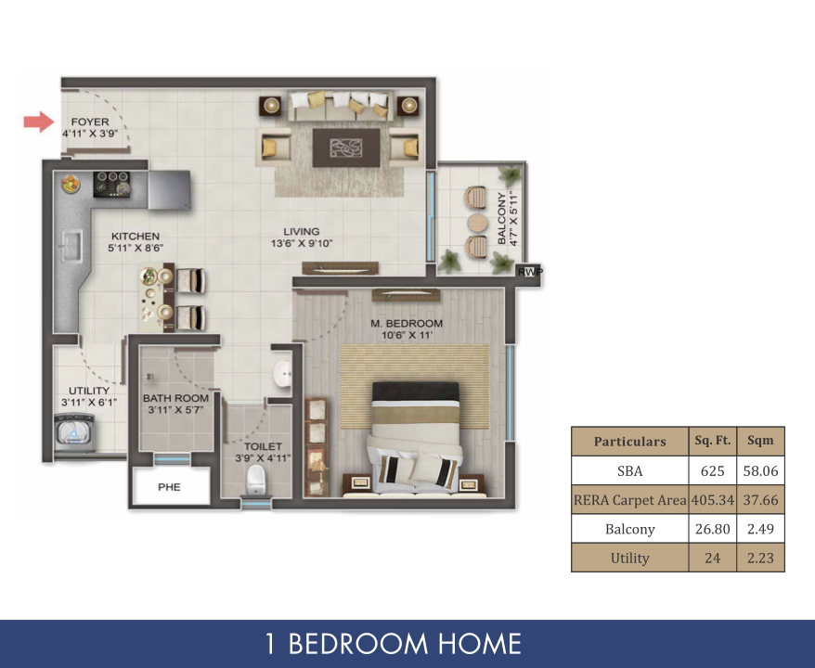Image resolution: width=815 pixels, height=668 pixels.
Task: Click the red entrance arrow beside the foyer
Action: (39, 122)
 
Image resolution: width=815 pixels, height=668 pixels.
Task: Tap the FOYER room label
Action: (90, 122)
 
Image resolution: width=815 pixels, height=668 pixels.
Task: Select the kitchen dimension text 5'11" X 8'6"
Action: (136, 249)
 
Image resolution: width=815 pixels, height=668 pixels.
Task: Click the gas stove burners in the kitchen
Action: (111, 185)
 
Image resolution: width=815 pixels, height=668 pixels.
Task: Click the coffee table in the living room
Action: (346, 148)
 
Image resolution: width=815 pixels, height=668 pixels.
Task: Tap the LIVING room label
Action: (302, 232)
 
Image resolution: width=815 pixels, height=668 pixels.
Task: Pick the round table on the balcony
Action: (476, 224)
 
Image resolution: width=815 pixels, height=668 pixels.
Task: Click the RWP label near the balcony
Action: (530, 272)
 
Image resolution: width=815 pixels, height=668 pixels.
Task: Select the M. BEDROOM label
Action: (407, 323)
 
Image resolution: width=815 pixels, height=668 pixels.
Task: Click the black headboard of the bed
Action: (416, 392)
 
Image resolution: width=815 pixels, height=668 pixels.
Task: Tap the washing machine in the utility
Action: (74, 432)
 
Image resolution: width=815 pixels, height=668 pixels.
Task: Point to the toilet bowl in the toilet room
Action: (255, 480)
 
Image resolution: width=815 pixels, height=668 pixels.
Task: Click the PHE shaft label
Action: (170, 487)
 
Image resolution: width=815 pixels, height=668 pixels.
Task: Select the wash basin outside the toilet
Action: (283, 373)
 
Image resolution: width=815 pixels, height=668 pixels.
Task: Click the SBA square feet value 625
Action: (712, 471)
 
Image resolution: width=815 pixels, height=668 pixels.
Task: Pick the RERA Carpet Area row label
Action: (629, 500)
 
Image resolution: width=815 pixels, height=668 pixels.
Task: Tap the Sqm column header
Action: (760, 441)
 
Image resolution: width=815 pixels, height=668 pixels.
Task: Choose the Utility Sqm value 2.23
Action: (760, 558)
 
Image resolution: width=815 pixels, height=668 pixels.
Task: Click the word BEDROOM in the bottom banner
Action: (358, 644)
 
